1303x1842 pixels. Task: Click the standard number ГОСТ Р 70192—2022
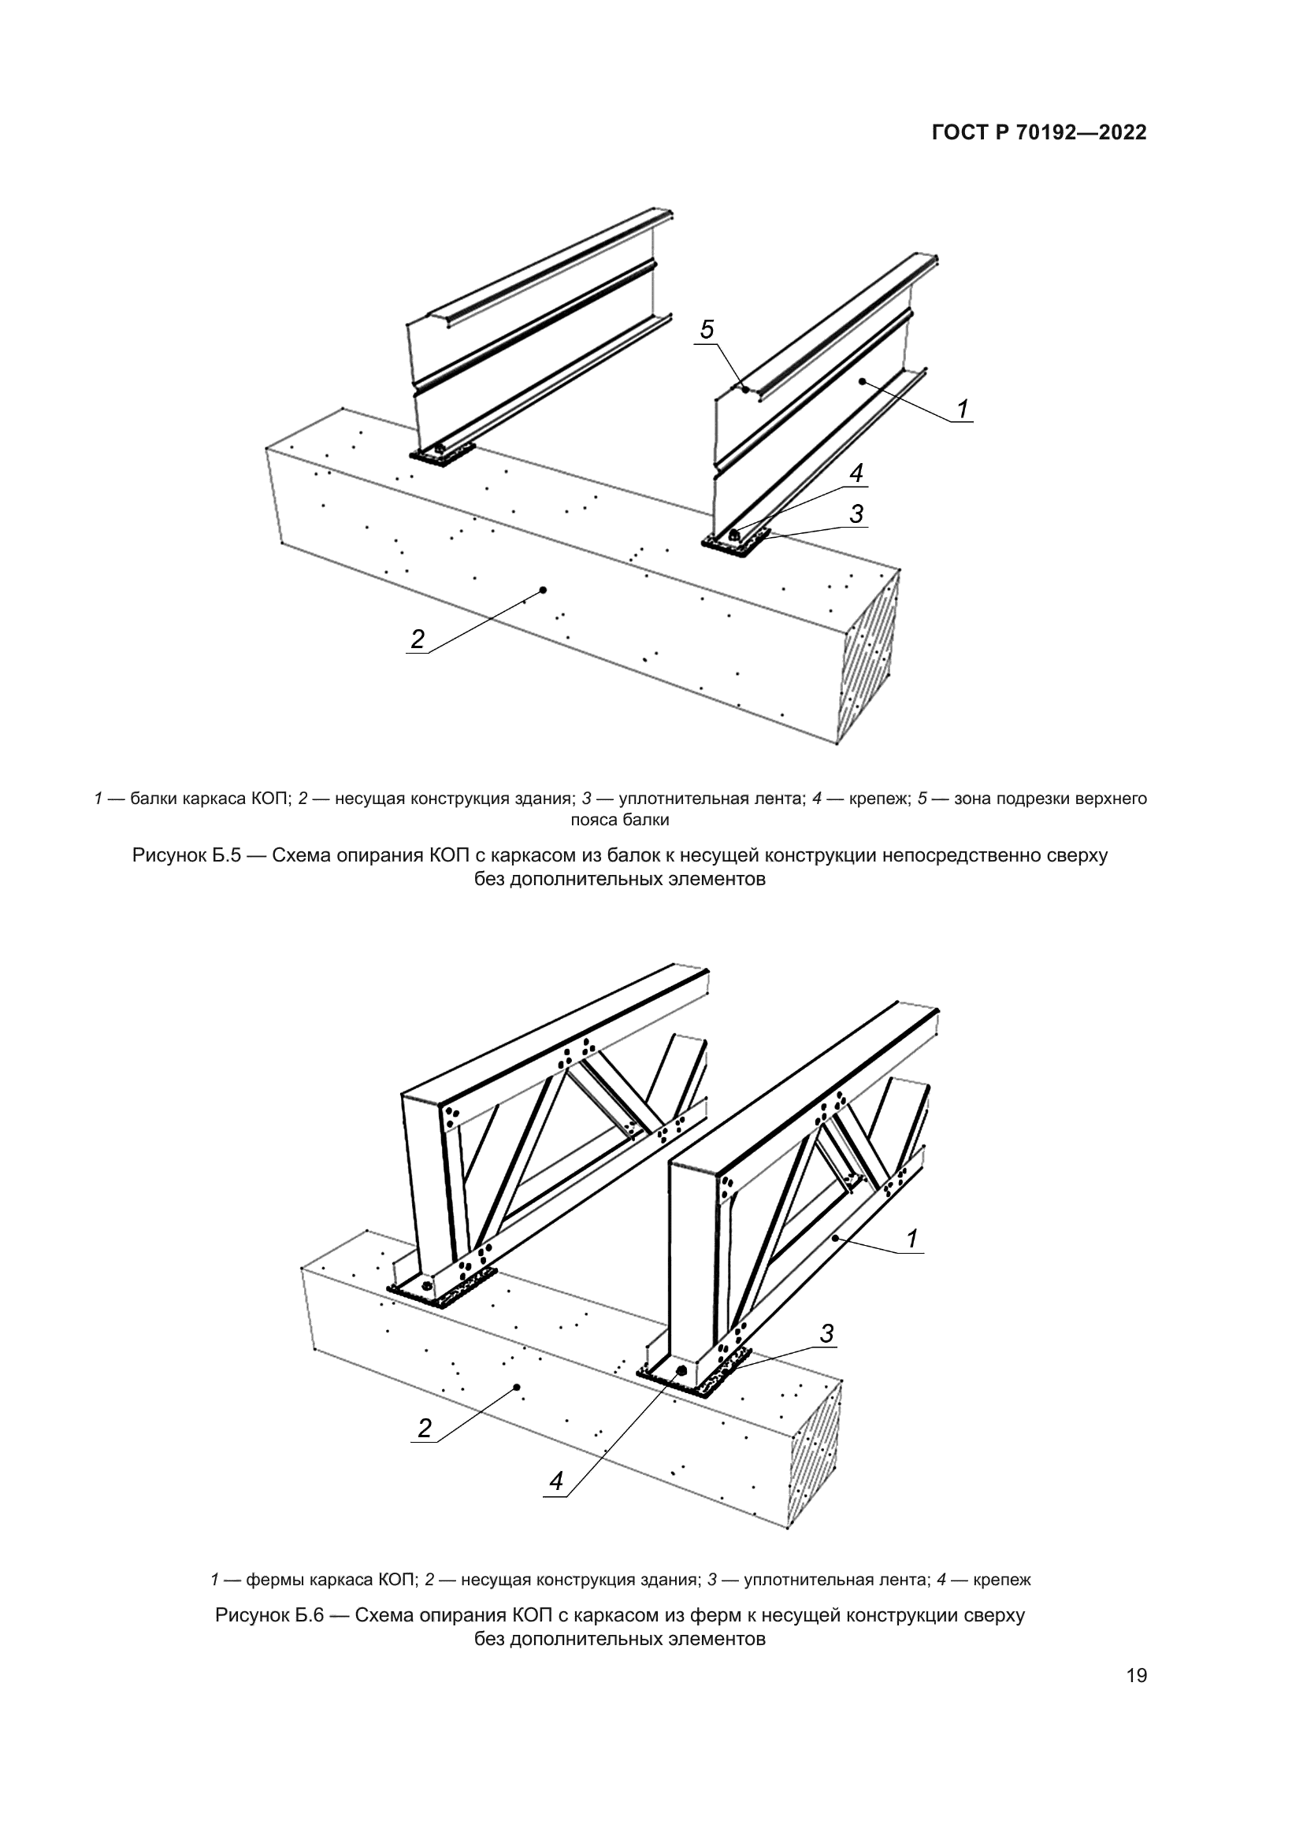coord(1038,133)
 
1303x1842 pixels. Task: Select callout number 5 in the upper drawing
coord(707,329)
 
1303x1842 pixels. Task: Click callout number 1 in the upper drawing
coord(962,410)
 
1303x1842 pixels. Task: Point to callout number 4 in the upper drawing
coord(856,473)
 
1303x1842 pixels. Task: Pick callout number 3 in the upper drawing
coord(856,513)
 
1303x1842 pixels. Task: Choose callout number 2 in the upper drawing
coord(418,639)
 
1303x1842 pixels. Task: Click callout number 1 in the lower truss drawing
coord(912,1239)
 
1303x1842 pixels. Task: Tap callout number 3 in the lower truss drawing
coord(826,1333)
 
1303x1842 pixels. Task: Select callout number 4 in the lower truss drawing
coord(556,1481)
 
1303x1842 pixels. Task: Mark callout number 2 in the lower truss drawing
coord(425,1428)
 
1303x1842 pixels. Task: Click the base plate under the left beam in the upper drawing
coord(441,457)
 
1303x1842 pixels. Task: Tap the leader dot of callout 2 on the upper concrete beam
coord(544,590)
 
